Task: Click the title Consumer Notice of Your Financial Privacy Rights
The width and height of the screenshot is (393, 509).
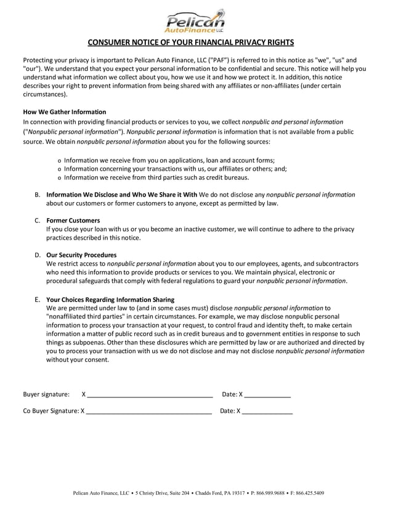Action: point(196,43)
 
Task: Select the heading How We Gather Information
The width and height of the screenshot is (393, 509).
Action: point(65,112)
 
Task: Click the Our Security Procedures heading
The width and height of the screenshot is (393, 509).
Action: point(81,254)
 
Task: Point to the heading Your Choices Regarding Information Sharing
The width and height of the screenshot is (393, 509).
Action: point(110,299)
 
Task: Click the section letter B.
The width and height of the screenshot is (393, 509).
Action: point(38,195)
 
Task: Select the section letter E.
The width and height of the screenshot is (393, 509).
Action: point(38,299)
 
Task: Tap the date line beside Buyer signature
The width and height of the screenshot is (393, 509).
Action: point(267,394)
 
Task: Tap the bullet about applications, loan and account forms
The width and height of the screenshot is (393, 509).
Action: point(169,160)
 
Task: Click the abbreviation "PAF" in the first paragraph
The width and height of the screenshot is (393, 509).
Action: point(217,60)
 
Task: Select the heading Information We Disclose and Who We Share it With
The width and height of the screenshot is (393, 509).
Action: point(122,195)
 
